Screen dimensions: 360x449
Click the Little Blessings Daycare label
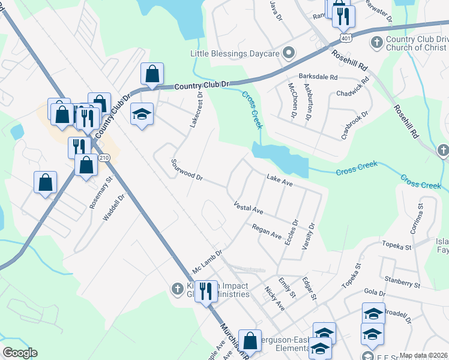coord(235,53)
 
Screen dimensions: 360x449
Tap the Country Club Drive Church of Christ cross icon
coord(376,42)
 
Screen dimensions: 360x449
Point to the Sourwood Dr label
coord(187,170)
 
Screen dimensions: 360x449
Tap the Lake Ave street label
coord(280,180)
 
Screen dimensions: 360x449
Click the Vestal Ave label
coord(249,209)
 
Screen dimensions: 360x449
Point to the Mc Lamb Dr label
coord(208,260)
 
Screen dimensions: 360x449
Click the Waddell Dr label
coord(113,208)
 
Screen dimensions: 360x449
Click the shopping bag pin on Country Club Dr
coord(152,74)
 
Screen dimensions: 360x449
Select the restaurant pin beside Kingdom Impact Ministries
coord(206,292)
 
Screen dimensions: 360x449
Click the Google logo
coord(20,353)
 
